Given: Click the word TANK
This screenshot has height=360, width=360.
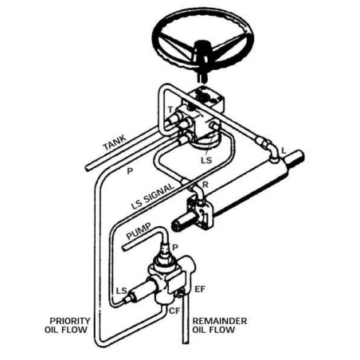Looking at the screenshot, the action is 115,143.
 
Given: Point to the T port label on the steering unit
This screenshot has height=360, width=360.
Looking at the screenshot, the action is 170,109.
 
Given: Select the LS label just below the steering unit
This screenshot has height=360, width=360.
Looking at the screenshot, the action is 206,160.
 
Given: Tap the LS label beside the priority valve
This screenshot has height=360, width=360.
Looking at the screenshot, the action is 122,291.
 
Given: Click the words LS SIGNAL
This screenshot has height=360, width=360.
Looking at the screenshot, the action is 152,196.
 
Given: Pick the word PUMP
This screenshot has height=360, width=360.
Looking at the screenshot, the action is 139,231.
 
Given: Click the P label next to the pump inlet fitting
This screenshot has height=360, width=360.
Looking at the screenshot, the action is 175,248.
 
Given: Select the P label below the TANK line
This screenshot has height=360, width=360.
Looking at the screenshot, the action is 130,170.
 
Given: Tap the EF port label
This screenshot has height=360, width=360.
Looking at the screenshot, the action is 200,289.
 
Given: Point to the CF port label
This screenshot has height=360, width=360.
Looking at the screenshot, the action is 174,311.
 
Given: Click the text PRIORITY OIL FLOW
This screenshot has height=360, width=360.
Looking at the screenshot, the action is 68,325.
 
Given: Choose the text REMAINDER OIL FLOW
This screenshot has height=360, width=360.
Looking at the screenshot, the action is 220,325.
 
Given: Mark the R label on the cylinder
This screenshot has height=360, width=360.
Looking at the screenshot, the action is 205,185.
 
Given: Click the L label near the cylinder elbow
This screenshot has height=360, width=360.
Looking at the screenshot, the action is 284,151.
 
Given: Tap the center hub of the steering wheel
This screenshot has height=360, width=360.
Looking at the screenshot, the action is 202,49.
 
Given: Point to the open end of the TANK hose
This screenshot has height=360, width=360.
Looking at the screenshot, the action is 88,169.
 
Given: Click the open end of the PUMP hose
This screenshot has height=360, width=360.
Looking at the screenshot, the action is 124,248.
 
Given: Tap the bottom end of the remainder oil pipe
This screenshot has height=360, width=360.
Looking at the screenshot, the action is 186,342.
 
